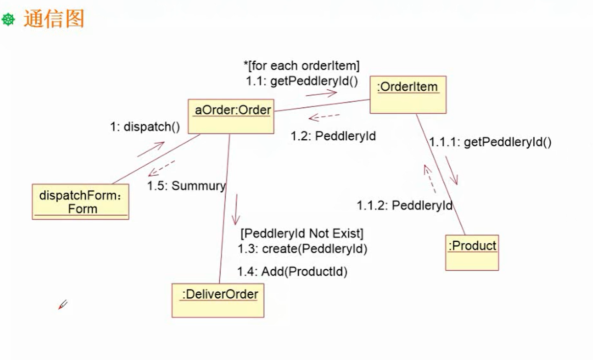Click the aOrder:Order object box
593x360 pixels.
coord(231,116)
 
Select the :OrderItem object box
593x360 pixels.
coord(408,94)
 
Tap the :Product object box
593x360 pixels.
coord(472,252)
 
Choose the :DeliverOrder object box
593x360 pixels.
coord(218,299)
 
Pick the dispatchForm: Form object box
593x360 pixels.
coord(80,202)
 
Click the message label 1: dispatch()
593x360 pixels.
coord(145,127)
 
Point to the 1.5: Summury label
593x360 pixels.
coord(186,186)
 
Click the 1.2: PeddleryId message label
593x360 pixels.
coord(333,136)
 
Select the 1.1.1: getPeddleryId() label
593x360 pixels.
coord(490,142)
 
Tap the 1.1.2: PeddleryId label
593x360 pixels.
coord(405,205)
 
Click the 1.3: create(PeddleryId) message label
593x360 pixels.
coord(303,249)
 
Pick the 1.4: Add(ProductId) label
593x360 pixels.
coord(292,271)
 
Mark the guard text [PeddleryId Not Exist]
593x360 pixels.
coord(302,232)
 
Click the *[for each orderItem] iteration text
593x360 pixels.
coord(302,65)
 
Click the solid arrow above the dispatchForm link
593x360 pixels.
coord(151,149)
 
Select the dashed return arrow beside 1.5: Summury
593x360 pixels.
coord(161,168)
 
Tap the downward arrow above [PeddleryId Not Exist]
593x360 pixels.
coord(236,209)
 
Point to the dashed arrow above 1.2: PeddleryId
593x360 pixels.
coord(324,117)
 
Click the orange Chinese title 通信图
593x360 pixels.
coord(53,19)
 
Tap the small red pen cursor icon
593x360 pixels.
coord(62,305)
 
